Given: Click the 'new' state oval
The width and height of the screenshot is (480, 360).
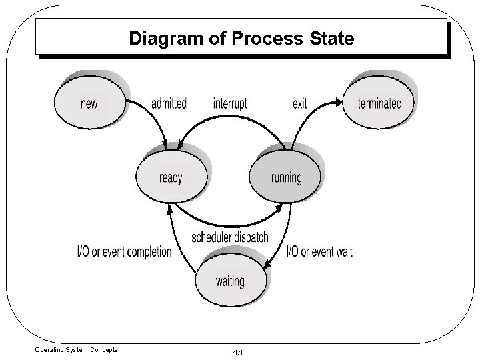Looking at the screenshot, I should (x=89, y=103).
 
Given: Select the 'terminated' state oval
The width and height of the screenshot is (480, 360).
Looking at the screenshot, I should (x=379, y=103).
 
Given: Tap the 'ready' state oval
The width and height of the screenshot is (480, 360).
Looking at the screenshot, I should (x=171, y=177).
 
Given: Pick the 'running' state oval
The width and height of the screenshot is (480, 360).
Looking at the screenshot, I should (x=286, y=177).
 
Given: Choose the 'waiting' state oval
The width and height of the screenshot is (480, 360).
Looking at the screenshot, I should (x=229, y=280).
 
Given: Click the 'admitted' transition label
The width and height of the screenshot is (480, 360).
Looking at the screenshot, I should (x=169, y=103).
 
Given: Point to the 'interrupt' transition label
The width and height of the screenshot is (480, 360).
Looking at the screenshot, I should (x=230, y=103).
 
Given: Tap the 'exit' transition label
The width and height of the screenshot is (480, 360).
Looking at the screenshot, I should (x=300, y=103).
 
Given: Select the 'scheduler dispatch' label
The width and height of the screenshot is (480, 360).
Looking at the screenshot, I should (x=230, y=237).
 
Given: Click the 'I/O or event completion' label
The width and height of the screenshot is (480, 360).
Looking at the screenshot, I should (x=125, y=252).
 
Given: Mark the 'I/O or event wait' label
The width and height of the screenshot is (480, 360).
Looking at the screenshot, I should (x=319, y=252).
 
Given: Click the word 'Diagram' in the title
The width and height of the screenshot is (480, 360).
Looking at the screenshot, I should (x=161, y=38).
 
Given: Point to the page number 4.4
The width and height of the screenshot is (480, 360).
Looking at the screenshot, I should (x=237, y=351).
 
